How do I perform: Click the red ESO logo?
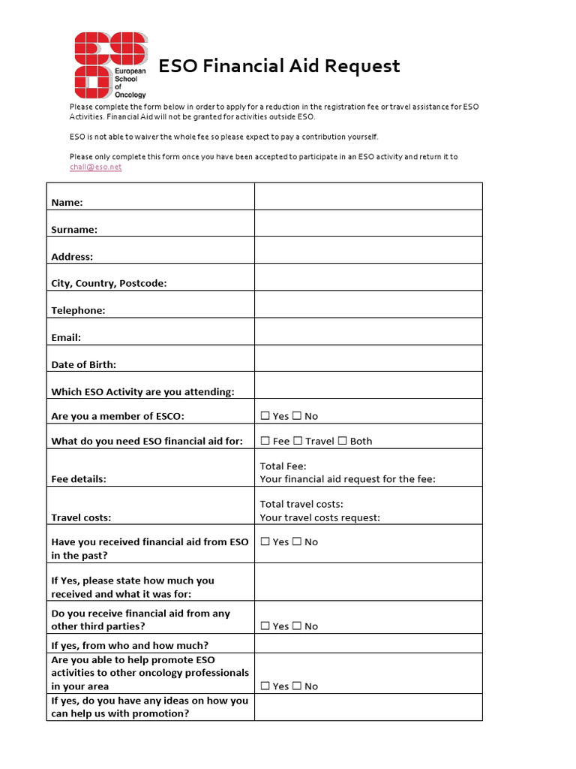pos(111,65)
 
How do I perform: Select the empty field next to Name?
pos(368,196)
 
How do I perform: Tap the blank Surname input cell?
pos(368,223)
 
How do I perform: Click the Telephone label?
pos(78,311)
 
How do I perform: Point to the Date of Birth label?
pos(83,365)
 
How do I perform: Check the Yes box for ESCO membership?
pos(265,416)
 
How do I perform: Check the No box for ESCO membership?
pos(297,416)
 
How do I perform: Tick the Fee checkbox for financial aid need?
pos(265,441)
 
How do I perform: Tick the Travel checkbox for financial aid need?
pos(298,441)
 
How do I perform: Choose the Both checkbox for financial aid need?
pos(343,441)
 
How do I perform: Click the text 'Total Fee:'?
pos(283,466)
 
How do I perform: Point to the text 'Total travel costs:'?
pos(301,504)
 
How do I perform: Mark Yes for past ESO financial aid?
pos(265,541)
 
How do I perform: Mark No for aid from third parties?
pos(297,626)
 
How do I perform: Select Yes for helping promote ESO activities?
pos(265,686)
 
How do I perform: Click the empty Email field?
pos(368,331)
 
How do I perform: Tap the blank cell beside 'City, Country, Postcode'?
pos(368,277)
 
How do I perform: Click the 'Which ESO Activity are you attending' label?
pos(142,392)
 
